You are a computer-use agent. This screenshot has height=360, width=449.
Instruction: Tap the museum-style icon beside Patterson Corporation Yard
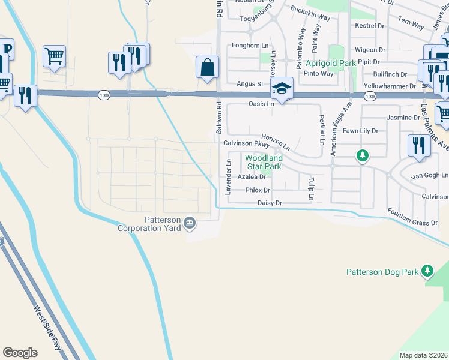[190, 223]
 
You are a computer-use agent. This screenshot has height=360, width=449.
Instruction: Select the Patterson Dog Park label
[382, 272]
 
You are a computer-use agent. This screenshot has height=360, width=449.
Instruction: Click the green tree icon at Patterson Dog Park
[427, 271]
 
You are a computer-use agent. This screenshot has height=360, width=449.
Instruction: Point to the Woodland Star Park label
[263, 162]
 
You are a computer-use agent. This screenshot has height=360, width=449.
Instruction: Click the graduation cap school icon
[281, 89]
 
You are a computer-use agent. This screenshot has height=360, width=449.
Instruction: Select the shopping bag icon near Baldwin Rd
[207, 68]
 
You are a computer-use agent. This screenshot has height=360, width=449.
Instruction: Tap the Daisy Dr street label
[270, 203]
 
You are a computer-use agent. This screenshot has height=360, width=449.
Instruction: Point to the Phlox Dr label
[259, 190]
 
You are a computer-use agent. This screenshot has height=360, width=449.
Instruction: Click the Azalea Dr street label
[252, 177]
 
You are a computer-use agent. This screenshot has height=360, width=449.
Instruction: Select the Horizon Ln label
[276, 142]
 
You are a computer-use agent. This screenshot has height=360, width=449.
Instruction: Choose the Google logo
[20, 352]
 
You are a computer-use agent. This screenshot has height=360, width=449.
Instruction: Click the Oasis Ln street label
[261, 104]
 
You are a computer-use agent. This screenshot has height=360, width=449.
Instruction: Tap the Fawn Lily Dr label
[360, 130]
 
